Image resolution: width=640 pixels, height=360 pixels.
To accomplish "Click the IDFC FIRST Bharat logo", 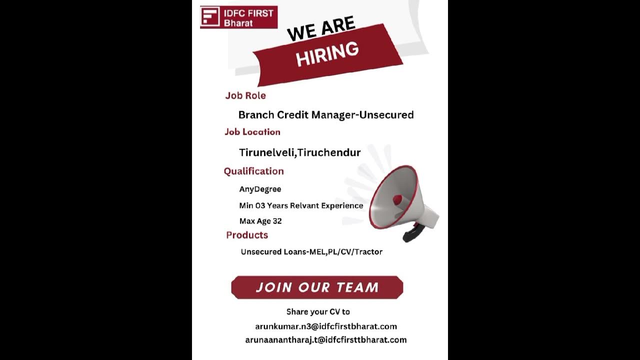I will pyautogui.click(x=238, y=17).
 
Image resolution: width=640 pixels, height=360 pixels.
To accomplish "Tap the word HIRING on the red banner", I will pyautogui.click(x=327, y=54).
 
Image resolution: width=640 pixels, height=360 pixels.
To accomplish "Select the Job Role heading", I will pyautogui.click(x=245, y=95).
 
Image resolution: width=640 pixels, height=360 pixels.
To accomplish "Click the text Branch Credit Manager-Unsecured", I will pyautogui.click(x=326, y=115).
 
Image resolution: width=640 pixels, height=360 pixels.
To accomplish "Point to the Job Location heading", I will pyautogui.click(x=252, y=132).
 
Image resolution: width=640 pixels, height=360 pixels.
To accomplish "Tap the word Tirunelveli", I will pyautogui.click(x=266, y=152).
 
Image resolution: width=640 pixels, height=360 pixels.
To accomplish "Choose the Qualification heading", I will pyautogui.click(x=253, y=171).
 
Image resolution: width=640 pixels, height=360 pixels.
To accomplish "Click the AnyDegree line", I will pyautogui.click(x=260, y=189).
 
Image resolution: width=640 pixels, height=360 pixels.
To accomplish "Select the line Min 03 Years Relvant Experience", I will pyautogui.click(x=301, y=205).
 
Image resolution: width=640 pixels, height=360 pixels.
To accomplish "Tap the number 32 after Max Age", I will pyautogui.click(x=277, y=221).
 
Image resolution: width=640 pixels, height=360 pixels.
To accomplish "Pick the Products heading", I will pyautogui.click(x=247, y=235).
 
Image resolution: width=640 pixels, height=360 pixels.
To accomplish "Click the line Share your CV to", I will pyautogui.click(x=318, y=311).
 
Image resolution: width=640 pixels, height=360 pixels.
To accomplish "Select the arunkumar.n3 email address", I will pyautogui.click(x=326, y=326).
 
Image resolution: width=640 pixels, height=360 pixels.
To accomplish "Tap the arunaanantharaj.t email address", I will pyautogui.click(x=325, y=340).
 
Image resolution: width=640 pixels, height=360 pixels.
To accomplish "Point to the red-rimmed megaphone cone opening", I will pyautogui.click(x=393, y=197).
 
